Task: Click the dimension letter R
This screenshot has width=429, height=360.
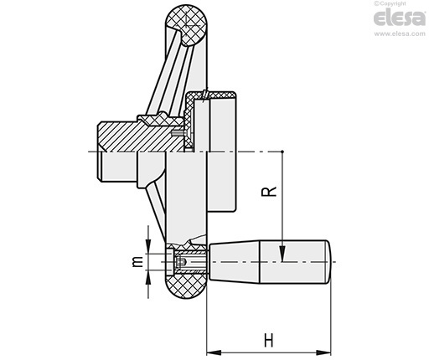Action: (268, 192)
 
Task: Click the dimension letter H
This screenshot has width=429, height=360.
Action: (269, 340)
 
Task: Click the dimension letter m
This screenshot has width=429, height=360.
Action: (137, 262)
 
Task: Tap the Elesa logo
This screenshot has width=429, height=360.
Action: (400, 18)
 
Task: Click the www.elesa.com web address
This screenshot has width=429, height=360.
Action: (400, 33)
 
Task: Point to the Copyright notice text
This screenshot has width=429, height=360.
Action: (390, 3)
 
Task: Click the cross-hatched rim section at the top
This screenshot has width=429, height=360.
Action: (187, 25)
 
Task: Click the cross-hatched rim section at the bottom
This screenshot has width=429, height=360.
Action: (187, 285)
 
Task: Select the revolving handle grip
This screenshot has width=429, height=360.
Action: (270, 262)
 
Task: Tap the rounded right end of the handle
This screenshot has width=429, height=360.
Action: (328, 262)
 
